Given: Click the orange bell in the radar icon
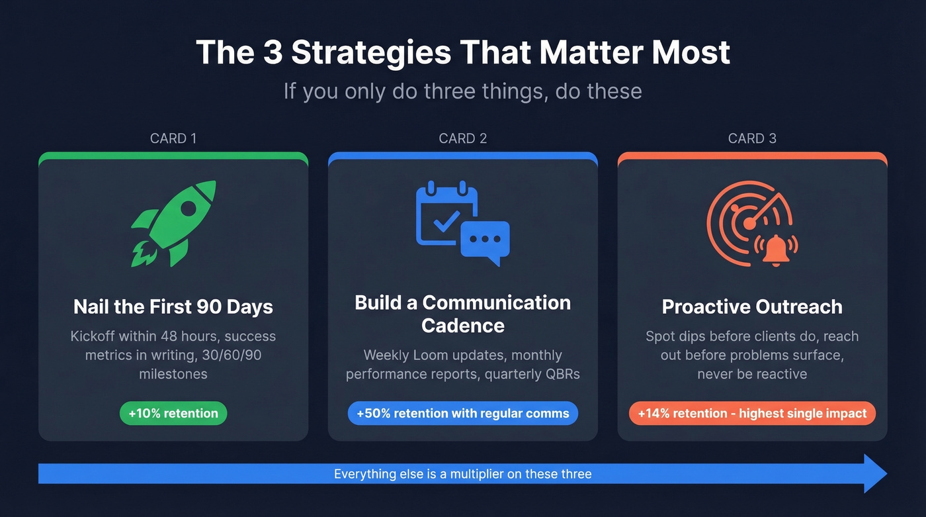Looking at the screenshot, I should pos(776,249).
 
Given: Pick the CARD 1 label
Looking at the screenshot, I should pos(173,138).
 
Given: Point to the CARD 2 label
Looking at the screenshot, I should pos(463,138).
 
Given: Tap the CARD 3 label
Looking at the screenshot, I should pos(752,138).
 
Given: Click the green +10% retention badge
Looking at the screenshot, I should pos(173,413).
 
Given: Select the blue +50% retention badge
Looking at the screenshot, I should pos(463,413).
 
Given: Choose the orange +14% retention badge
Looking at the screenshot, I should pos(752,414).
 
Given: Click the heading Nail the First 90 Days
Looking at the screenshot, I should pos(173,307).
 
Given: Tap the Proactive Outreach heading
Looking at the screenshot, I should pos(752,307).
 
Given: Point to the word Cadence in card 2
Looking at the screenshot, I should pos(463,325).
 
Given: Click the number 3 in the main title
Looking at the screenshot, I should pos(273,53).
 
